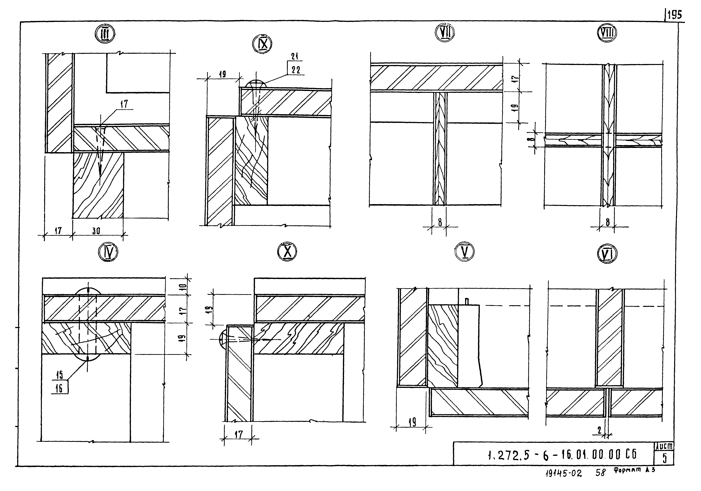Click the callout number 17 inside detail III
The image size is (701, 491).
point(124,104)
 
